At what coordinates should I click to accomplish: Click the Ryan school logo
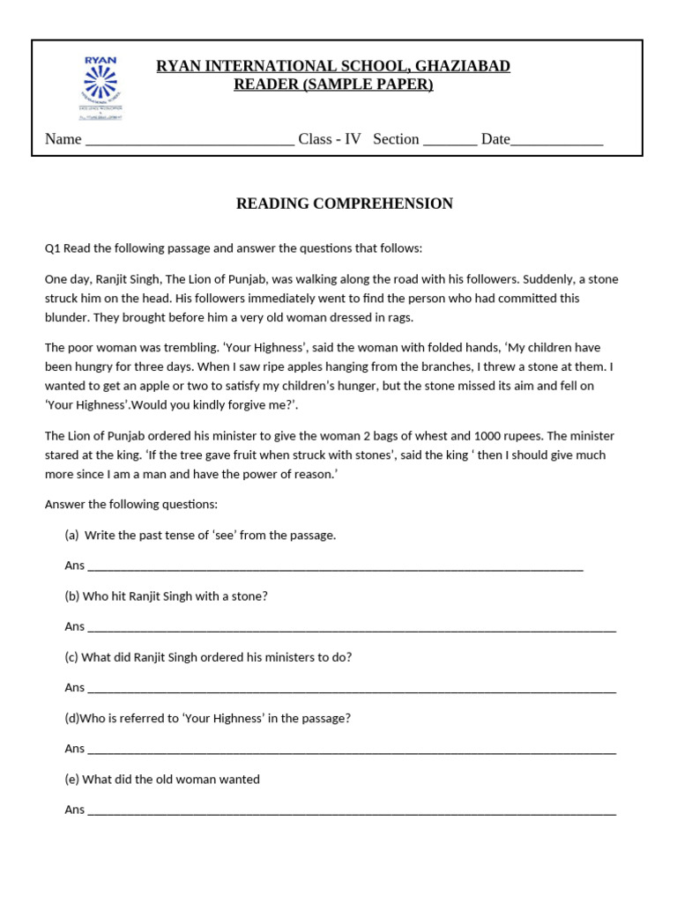click(100, 87)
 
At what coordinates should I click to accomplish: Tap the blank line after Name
click(190, 140)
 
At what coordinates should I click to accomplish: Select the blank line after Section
click(450, 140)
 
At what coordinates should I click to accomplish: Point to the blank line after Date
click(557, 140)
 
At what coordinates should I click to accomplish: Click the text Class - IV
click(330, 139)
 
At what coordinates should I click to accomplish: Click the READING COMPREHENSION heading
click(344, 203)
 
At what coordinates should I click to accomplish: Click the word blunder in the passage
click(68, 318)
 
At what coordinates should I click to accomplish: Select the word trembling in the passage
click(182, 348)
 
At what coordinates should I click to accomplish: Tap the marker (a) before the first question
click(71, 536)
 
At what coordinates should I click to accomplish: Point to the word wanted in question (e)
click(240, 780)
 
